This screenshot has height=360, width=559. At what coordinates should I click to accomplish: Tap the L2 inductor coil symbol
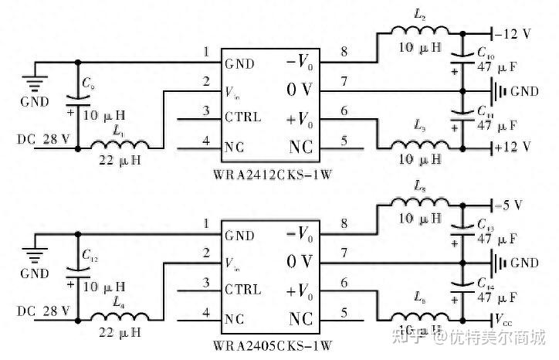420,33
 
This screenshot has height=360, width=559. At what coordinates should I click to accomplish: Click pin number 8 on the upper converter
344,53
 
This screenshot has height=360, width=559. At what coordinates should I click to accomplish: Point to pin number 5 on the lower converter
344,313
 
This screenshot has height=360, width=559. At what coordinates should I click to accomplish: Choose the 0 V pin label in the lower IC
300,260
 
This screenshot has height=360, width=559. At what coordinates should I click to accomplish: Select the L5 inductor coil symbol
420,202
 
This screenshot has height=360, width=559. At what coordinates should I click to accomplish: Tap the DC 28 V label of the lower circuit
44,311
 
